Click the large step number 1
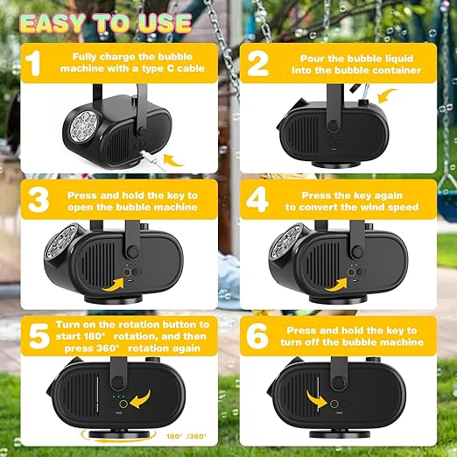(32, 63)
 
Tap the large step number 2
(258, 63)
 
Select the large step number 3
(39, 200)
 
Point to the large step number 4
(257, 200)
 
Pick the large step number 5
(39, 336)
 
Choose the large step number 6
(257, 336)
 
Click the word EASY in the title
(53, 23)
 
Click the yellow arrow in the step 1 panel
(173, 160)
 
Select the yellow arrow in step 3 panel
(113, 285)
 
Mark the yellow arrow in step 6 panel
(316, 400)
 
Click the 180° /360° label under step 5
(186, 437)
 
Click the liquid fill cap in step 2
(364, 102)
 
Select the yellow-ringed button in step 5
(123, 404)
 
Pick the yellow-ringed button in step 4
(351, 272)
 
